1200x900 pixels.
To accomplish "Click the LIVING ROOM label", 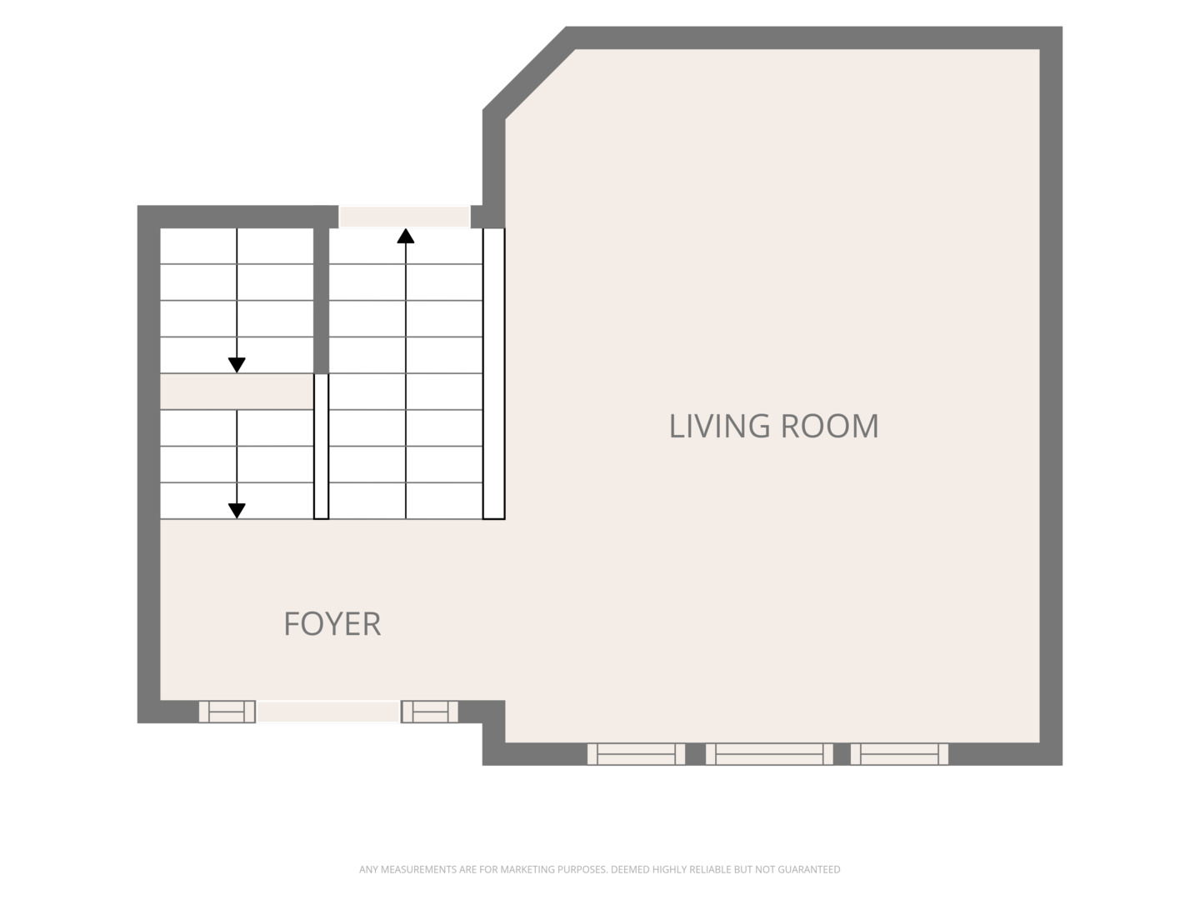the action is [x=773, y=426].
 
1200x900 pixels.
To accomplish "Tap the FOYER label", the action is [x=332, y=624].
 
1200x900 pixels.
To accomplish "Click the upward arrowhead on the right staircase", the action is [x=406, y=236].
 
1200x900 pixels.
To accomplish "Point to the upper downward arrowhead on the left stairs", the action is [x=237, y=365].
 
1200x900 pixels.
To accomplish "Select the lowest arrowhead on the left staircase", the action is [x=237, y=510].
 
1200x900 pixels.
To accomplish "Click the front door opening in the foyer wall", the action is [x=328, y=712].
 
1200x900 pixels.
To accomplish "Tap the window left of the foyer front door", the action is [x=227, y=712].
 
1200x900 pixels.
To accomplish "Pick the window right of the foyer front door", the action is [x=430, y=712].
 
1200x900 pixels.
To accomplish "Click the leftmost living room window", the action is [x=637, y=754].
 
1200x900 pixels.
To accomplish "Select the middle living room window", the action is [x=769, y=754].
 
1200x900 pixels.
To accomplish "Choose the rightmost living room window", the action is [x=899, y=754].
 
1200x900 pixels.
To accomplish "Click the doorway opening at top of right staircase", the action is [x=404, y=217].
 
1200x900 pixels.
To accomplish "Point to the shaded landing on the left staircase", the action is [x=237, y=392].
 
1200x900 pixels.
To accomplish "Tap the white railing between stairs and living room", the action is [x=493, y=374].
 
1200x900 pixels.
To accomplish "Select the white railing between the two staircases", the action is [x=322, y=447].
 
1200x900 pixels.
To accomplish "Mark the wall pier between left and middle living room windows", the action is [x=695, y=754].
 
